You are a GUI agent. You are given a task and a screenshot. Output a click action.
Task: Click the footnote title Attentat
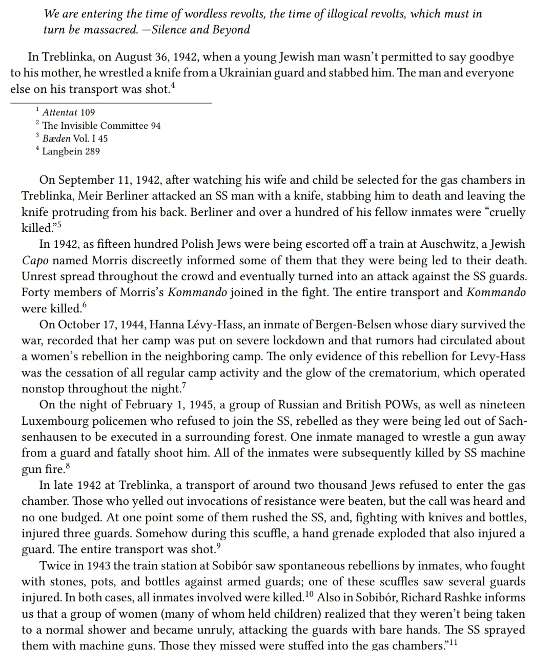pos(59,112)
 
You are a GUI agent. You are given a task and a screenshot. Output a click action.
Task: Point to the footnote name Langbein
pos(63,151)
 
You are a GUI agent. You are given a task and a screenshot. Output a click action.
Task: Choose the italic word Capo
pos(34,261)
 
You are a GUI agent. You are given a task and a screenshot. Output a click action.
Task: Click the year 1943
pos(101,566)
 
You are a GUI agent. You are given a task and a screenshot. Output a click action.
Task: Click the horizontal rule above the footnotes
pos(111,103)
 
